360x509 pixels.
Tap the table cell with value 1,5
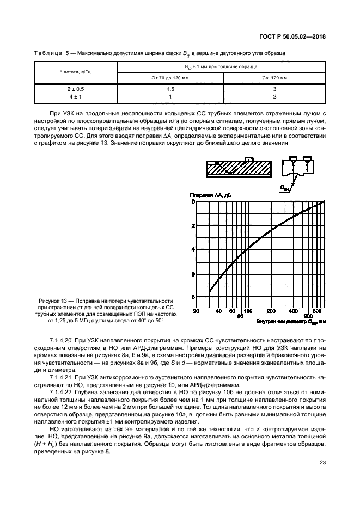[170, 89]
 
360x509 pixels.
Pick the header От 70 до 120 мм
[170, 78]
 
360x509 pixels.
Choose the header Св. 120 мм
[274, 78]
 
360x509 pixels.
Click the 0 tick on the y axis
[192, 201]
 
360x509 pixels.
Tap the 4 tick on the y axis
[192, 249]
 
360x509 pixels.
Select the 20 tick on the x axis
[196, 311]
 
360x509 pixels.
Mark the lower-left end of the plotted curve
[210, 292]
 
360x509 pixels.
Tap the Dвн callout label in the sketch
[285, 187]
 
